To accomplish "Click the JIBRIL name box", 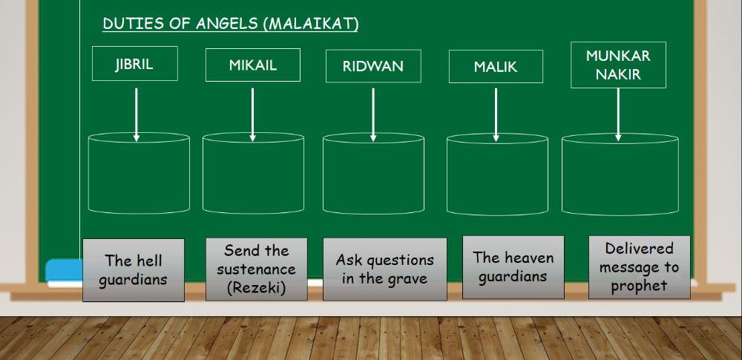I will [x=134, y=64].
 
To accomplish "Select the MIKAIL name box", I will [x=252, y=65].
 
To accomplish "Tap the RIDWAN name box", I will [x=373, y=66].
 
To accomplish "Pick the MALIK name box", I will [x=495, y=67].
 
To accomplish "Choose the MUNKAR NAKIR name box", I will [x=618, y=65].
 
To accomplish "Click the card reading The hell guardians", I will [x=134, y=270].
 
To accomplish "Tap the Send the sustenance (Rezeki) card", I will [x=256, y=269].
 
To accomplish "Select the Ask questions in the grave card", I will [x=384, y=269].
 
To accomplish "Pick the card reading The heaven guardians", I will [x=513, y=267].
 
